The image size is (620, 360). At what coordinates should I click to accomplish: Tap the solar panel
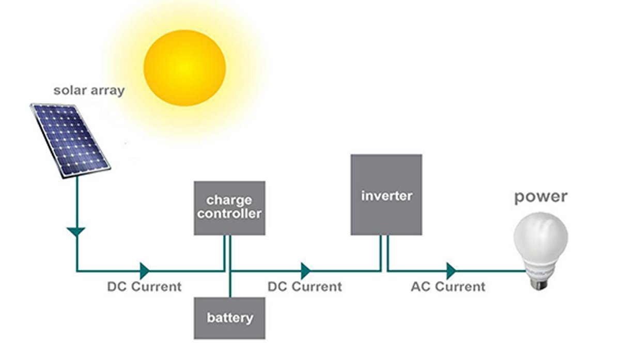tap(70, 139)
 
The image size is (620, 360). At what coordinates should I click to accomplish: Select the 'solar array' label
tap(89, 90)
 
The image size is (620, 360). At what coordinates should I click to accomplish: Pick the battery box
tap(229, 318)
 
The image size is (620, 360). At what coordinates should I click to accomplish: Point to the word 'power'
tap(540, 196)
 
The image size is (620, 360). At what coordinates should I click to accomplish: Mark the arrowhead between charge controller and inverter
tap(306, 270)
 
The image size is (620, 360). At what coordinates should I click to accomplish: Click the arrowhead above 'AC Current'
tap(452, 270)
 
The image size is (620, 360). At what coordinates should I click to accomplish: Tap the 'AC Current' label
tap(448, 287)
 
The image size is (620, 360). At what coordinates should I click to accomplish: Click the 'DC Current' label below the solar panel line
tap(144, 287)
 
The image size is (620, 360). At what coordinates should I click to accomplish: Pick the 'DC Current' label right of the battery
tap(304, 287)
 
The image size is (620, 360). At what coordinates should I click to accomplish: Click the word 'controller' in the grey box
tap(229, 213)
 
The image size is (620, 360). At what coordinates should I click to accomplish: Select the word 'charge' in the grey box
tap(229, 199)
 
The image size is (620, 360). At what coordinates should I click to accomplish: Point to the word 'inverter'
tap(386, 196)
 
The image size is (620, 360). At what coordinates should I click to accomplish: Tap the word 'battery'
tap(230, 317)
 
